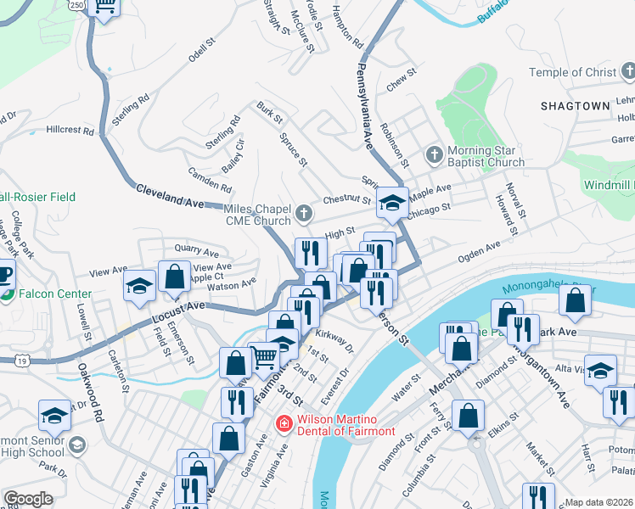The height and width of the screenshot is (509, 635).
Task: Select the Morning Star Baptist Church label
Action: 486,155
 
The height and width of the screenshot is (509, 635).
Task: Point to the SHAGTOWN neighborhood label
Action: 576,106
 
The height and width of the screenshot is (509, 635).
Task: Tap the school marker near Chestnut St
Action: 392,202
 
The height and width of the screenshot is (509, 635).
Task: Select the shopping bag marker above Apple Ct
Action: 174,277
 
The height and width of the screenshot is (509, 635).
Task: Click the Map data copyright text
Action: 598,502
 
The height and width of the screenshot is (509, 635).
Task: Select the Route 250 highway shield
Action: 76,5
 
